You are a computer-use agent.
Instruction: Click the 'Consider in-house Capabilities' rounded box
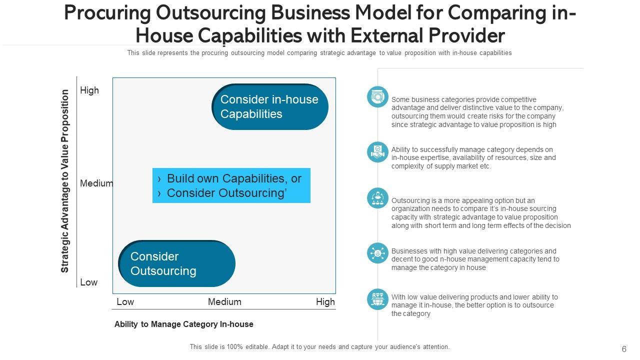(270, 106)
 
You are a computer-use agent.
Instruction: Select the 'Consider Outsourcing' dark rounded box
(177, 263)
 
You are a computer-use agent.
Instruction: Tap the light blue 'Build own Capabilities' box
(231, 185)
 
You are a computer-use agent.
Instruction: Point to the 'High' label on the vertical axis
(89, 90)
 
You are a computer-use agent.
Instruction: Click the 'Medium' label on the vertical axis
(96, 183)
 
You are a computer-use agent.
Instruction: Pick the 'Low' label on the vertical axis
(88, 282)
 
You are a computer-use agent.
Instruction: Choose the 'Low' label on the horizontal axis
(125, 302)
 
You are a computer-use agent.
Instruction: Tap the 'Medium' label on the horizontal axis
(224, 302)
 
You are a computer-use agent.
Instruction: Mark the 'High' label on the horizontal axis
(325, 302)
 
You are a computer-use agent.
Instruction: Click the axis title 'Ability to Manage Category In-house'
(183, 324)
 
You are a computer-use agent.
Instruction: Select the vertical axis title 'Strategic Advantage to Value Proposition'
(65, 181)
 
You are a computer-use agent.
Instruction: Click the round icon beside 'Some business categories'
(377, 97)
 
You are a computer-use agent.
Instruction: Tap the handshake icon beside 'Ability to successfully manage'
(377, 152)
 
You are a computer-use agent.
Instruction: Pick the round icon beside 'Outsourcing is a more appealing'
(377, 198)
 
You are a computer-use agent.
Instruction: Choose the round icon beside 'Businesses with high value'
(377, 253)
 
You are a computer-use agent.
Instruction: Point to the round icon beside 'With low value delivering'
(377, 299)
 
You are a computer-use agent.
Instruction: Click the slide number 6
(624, 349)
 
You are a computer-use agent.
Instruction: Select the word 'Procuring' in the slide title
(107, 14)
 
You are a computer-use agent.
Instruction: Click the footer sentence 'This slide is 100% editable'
(319, 346)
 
